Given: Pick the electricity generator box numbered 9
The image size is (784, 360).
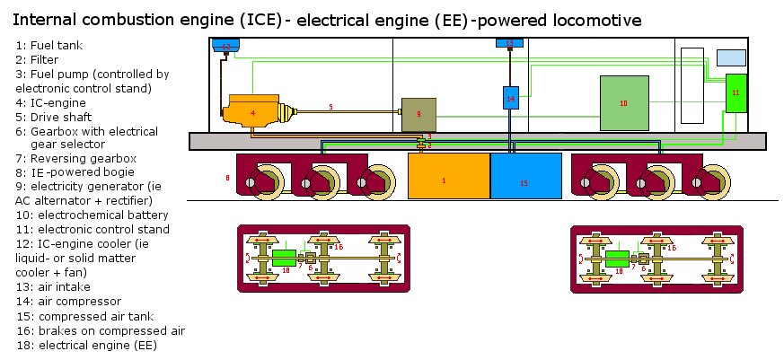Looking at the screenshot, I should (x=418, y=114).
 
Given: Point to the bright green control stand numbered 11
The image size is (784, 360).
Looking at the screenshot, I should (x=736, y=93).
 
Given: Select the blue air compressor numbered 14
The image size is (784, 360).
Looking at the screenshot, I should (x=510, y=97).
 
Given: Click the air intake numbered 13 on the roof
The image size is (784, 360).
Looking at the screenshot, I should (x=509, y=43).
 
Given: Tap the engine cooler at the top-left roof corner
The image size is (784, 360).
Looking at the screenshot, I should (x=225, y=45).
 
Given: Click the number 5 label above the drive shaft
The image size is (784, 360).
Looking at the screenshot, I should (x=330, y=107).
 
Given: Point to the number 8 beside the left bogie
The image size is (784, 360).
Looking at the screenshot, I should (x=227, y=179).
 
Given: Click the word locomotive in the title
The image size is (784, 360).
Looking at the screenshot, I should (x=593, y=19).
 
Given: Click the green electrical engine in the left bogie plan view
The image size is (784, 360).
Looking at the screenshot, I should (x=284, y=259).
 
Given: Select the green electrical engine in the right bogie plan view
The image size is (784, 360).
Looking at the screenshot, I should (x=618, y=259).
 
